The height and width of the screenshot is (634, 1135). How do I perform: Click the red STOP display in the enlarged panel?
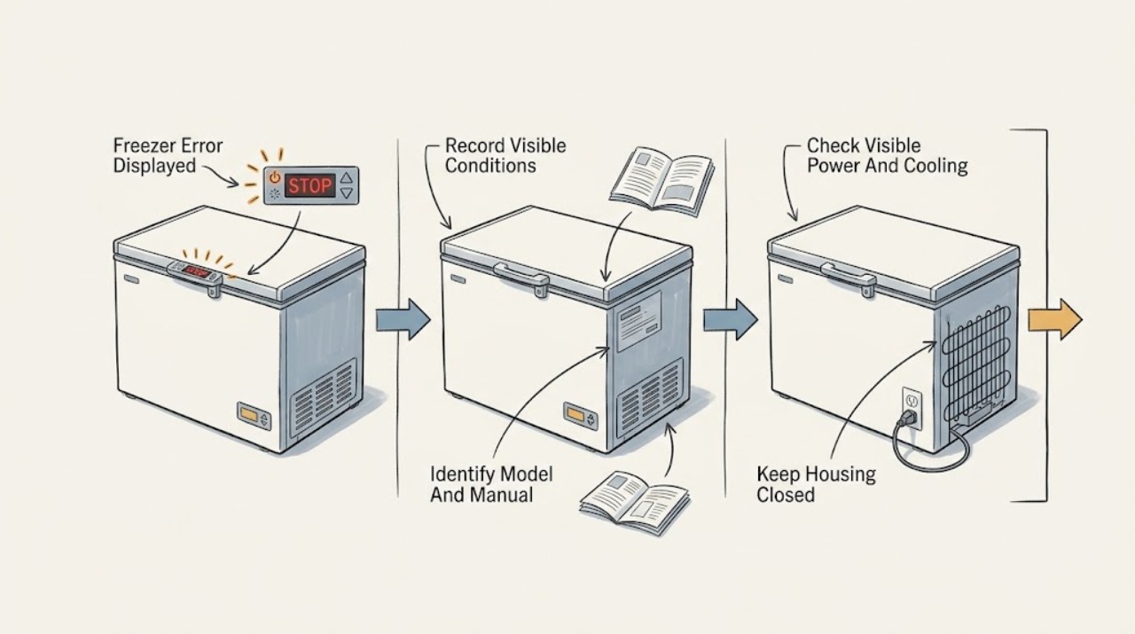309,185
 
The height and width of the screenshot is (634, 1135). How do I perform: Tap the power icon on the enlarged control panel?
274,176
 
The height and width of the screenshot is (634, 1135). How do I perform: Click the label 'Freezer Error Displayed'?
168,155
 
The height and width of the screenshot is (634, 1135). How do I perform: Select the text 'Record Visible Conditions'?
505,155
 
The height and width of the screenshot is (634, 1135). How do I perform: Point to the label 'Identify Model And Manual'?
491,484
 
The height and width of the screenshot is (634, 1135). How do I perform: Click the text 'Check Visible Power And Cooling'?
887,155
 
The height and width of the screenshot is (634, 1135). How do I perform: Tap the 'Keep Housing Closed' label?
816,484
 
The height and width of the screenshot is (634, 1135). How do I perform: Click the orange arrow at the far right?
1055,319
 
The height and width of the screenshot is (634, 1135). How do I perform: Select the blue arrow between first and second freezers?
403,319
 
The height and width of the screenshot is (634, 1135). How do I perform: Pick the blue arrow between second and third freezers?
730,319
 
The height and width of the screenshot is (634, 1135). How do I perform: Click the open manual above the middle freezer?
662,182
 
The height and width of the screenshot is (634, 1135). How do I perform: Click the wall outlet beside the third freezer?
912,408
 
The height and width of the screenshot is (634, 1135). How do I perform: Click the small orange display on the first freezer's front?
248,415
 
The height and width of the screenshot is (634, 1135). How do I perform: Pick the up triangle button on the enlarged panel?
346,178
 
